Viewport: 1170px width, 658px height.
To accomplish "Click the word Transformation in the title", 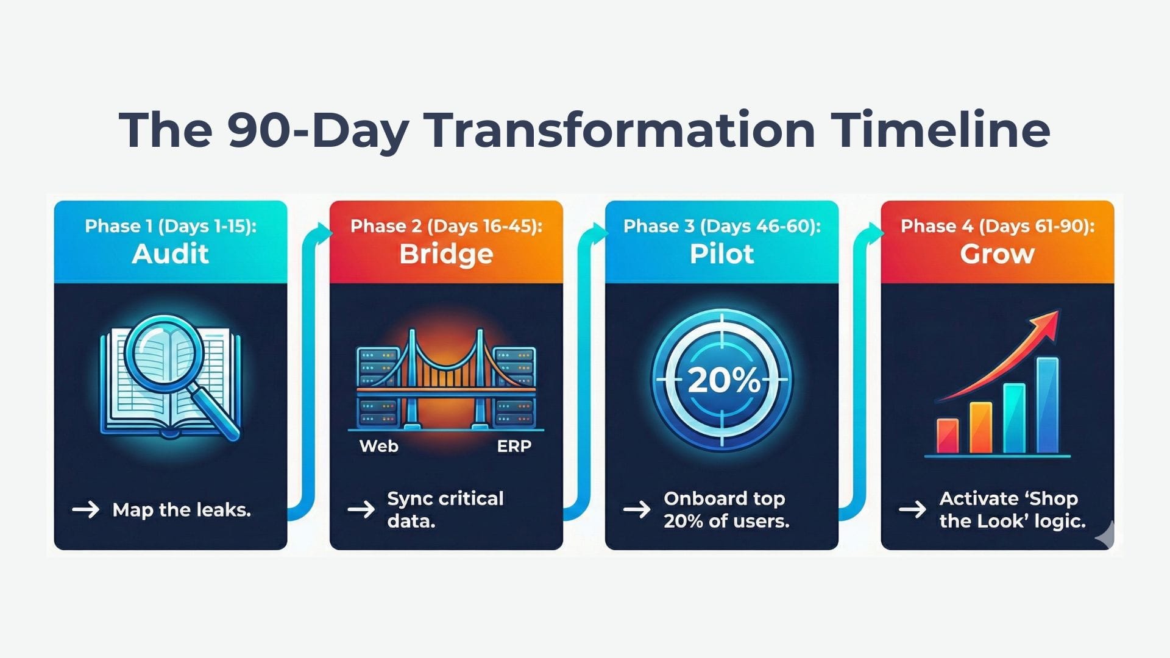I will point(620,130).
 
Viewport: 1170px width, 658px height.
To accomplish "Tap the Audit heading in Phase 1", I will point(170,253).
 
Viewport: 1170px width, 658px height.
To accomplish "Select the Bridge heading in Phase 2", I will point(446,253).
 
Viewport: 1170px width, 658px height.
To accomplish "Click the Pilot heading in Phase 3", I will point(721,253).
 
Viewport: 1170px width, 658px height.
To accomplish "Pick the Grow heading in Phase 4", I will point(997,253).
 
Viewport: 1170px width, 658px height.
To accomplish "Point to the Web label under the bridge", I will point(379,446).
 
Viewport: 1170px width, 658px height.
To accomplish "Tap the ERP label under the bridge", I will point(514,446).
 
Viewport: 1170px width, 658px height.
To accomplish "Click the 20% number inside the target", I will point(723,381).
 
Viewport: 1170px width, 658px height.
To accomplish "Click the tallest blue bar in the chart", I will point(1048,405).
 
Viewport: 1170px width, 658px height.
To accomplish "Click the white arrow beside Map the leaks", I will point(85,509).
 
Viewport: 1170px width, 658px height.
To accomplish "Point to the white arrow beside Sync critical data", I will point(361,509).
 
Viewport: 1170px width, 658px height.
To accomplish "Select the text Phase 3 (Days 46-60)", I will point(721,226).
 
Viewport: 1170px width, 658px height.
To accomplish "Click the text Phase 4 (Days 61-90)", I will point(997,226).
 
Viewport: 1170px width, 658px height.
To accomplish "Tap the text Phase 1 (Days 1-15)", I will point(170,226).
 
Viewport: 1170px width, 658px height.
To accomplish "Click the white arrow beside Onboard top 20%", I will point(637,509).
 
